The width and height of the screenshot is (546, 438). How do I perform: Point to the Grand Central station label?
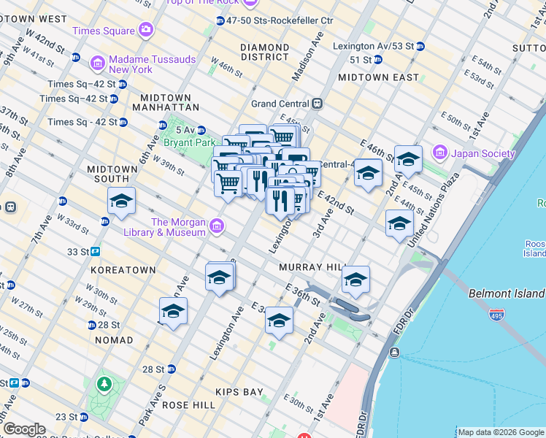[281, 104]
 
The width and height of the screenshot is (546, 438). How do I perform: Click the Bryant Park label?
[190, 142]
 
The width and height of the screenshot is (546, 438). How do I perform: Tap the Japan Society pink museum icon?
[439, 153]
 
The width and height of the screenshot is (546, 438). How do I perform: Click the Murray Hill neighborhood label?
[306, 268]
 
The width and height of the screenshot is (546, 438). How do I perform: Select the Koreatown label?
[123, 270]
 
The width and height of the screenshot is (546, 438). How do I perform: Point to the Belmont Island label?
[506, 293]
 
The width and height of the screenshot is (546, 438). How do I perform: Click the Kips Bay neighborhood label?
[240, 392]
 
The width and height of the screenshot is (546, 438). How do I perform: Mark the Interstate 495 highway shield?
[497, 315]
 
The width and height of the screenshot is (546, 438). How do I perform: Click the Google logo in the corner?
[23, 429]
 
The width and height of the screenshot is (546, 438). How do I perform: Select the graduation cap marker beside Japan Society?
[408, 159]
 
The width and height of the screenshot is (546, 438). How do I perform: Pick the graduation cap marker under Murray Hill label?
[355, 280]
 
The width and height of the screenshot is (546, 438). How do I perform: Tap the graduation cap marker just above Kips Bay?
[279, 321]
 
